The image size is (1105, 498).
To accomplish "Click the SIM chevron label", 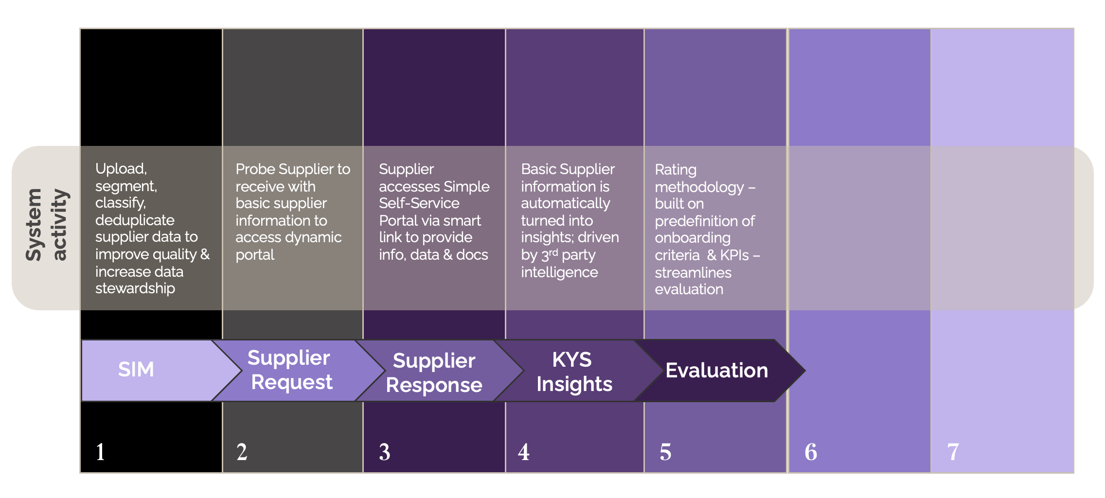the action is click(136, 370).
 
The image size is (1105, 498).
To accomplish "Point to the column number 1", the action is click(100, 452).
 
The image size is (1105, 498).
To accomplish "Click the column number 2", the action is click(242, 452).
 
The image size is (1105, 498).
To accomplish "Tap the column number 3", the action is click(385, 452).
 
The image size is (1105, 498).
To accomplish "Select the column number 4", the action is click(524, 452).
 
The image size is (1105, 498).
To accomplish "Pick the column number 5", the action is click(665, 452).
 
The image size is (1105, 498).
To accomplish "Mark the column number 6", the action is click(811, 452).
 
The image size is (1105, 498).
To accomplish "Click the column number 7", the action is click(953, 452).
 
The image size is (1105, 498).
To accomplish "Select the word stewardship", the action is click(135, 288).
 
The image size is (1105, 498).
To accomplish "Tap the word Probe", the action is click(254, 169).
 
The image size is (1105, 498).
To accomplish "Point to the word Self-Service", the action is click(419, 203).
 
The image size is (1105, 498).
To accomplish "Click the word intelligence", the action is click(559, 272).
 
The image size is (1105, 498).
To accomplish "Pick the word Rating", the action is click(676, 170).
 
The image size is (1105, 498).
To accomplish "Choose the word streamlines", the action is click(693, 272).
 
